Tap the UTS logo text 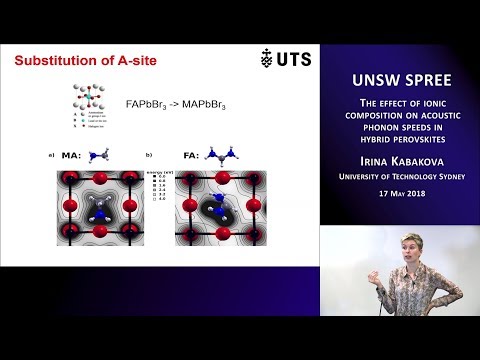pyautogui.click(x=292, y=59)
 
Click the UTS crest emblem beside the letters pyautogui.click(x=266, y=59)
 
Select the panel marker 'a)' pyautogui.click(x=50, y=154)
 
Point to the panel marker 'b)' pyautogui.click(x=149, y=154)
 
